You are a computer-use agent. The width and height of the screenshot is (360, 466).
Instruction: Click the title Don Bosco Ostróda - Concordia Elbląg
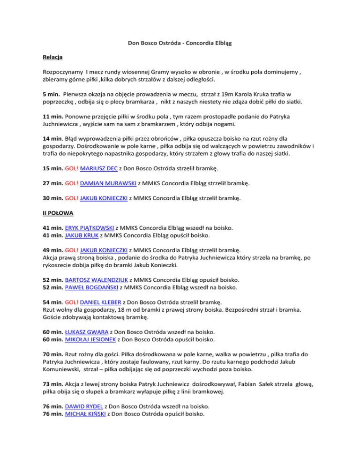180,44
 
